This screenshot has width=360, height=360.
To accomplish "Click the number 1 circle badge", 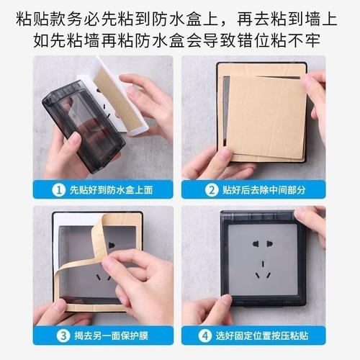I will point(58,191).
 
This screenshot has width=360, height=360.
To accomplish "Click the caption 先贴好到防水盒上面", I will point(108,191).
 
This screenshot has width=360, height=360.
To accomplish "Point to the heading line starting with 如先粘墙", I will point(180,39).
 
